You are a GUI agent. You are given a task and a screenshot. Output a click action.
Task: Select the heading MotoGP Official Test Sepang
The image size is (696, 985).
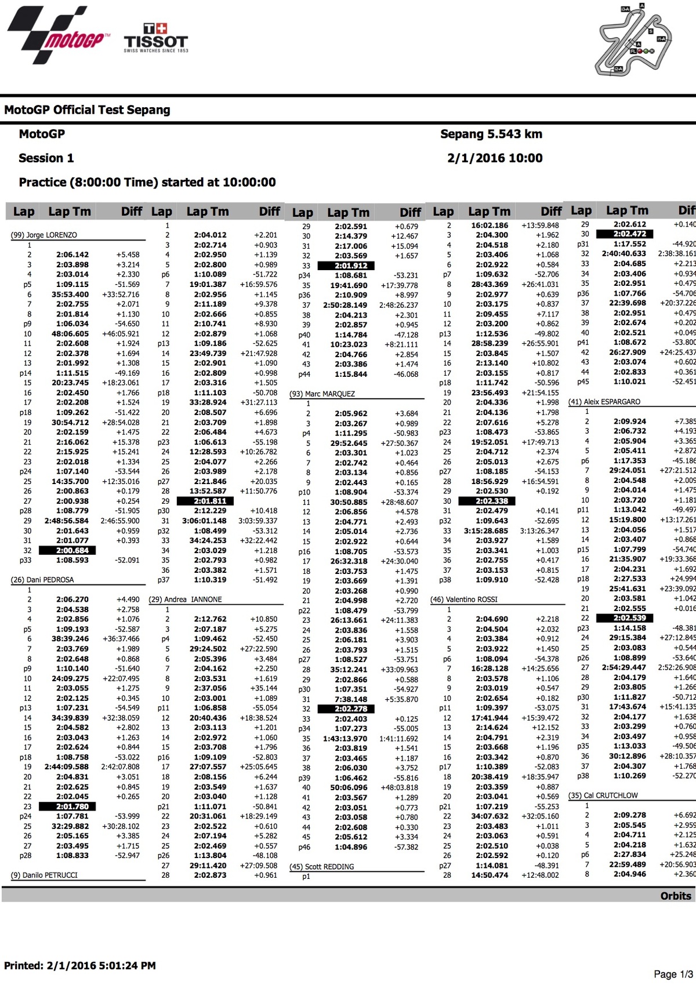pyautogui.click(x=87, y=110)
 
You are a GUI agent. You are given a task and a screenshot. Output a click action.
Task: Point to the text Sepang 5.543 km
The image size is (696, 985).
pyautogui.click(x=491, y=134)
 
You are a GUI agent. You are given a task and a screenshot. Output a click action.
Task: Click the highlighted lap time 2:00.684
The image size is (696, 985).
pyautogui.click(x=72, y=550)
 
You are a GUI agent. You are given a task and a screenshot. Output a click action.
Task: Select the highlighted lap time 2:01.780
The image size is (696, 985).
pyautogui.click(x=72, y=806)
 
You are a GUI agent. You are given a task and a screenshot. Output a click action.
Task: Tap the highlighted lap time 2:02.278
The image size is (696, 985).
pyautogui.click(x=351, y=708)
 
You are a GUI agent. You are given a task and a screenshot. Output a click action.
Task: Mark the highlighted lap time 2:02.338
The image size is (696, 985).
pyautogui.click(x=491, y=501)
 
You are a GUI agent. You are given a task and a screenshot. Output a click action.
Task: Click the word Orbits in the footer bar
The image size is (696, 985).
pyautogui.click(x=676, y=896)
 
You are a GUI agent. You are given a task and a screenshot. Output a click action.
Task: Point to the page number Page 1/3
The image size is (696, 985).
pyautogui.click(x=673, y=974)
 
